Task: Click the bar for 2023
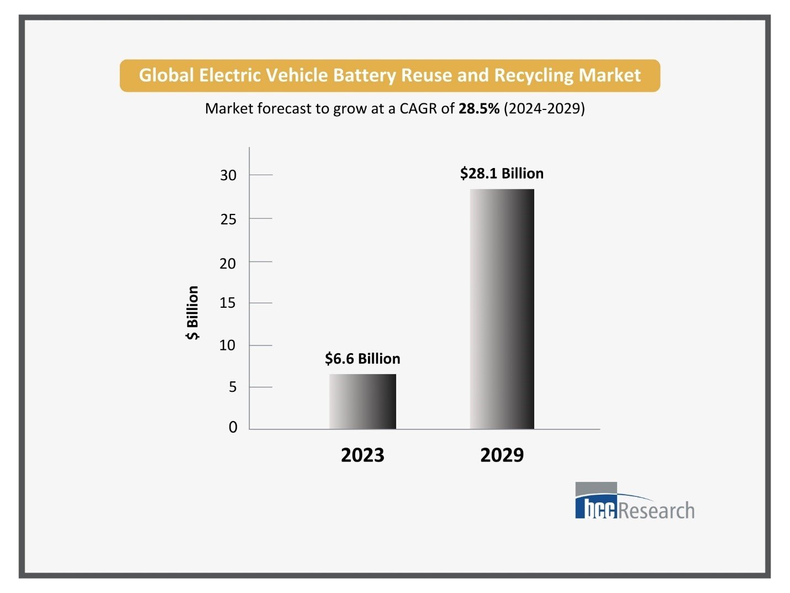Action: [362, 401]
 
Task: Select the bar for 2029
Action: [502, 309]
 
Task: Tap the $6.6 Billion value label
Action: [362, 359]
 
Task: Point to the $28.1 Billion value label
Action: [502, 174]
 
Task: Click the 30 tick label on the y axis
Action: [228, 175]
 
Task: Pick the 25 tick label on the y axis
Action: [228, 219]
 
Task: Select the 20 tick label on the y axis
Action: [228, 264]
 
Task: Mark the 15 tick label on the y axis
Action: [228, 303]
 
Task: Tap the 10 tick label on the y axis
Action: [228, 345]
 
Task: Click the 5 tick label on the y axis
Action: [233, 387]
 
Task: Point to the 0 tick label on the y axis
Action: [233, 427]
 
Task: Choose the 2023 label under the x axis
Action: [362, 455]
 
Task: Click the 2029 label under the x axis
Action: [502, 455]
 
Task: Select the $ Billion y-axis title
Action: [192, 313]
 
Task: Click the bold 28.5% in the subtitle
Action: [479, 108]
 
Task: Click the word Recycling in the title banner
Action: [534, 75]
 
